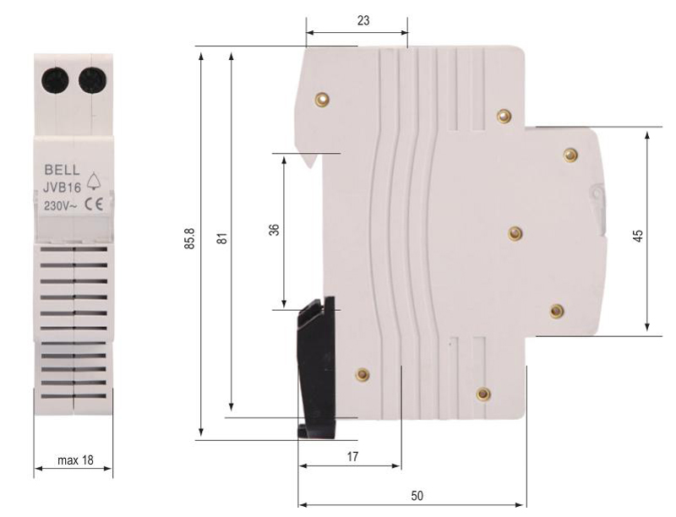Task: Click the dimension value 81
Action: point(222,239)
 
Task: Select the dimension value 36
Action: point(275,229)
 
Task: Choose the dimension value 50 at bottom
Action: point(417,496)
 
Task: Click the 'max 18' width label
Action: point(75,461)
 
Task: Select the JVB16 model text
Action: point(63,188)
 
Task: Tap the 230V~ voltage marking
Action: point(61,204)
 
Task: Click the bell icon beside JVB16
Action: point(93,179)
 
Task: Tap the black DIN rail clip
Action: point(316,363)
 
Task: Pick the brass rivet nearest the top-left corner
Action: point(321,100)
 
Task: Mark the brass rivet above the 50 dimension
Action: point(483,394)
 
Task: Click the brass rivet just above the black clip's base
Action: point(363,374)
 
